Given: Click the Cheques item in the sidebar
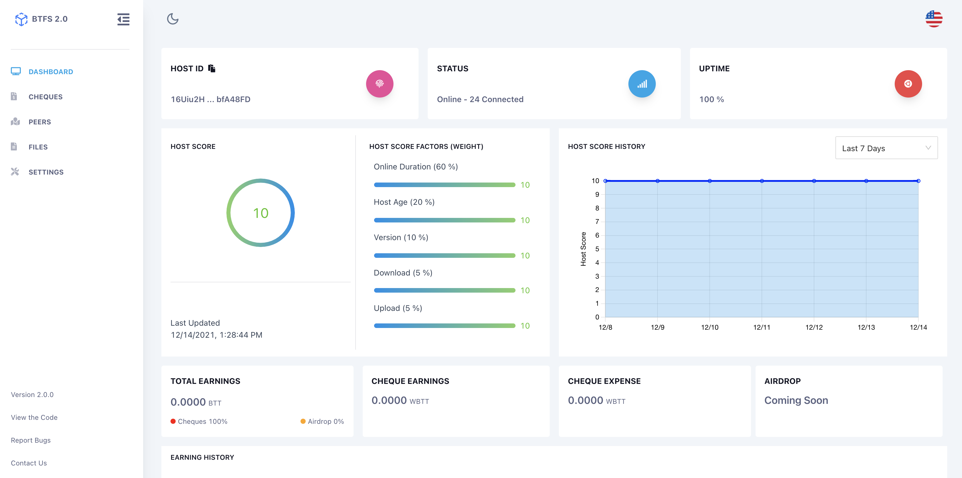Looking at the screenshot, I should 45,97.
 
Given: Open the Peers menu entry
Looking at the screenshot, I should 40,122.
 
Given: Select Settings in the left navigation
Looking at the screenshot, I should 46,172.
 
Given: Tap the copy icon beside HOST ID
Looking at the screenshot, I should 212,68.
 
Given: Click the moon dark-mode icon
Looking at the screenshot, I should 172,19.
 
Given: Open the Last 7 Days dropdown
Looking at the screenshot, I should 886,148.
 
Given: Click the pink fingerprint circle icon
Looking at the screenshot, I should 379,84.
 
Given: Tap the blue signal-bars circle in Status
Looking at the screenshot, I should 642,84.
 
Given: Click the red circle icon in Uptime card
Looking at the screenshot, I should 908,84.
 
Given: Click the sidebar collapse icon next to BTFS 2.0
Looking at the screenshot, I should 123,19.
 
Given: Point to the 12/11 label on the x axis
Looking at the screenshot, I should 762,327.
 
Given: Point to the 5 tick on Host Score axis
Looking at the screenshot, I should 597,249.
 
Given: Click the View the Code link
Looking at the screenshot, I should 34,418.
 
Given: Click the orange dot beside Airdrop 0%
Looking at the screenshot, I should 303,421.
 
